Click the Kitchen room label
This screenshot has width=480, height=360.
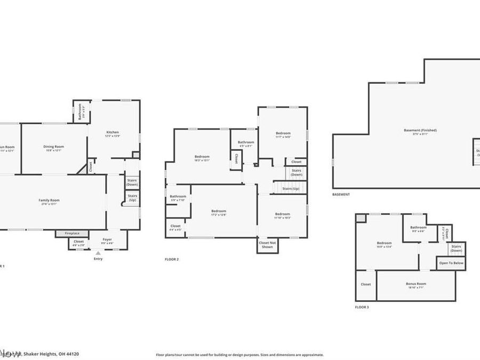pos(113,134)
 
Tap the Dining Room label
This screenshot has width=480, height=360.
pos(53,148)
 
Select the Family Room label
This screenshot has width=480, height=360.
pos(49,202)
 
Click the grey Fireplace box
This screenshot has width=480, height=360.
pos(72,234)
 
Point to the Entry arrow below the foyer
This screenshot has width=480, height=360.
pos(98,253)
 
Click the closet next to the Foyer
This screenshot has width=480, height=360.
pos(78,243)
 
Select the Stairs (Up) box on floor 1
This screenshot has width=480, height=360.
pos(132,198)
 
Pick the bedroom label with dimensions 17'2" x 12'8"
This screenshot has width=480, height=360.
pos(219,213)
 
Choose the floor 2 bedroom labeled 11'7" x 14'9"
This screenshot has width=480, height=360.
pos(283,134)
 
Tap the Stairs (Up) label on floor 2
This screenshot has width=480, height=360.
pos(291,189)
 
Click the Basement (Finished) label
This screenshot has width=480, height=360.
pos(420,132)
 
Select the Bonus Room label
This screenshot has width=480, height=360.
pos(416,285)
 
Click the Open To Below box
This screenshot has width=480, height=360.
pos(451,263)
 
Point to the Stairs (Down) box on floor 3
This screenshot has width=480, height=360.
pos(456,248)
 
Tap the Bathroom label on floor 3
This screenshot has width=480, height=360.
pos(419,229)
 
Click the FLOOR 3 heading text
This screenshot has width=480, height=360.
pos(362,307)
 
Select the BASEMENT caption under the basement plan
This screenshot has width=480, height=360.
pos(341,195)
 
